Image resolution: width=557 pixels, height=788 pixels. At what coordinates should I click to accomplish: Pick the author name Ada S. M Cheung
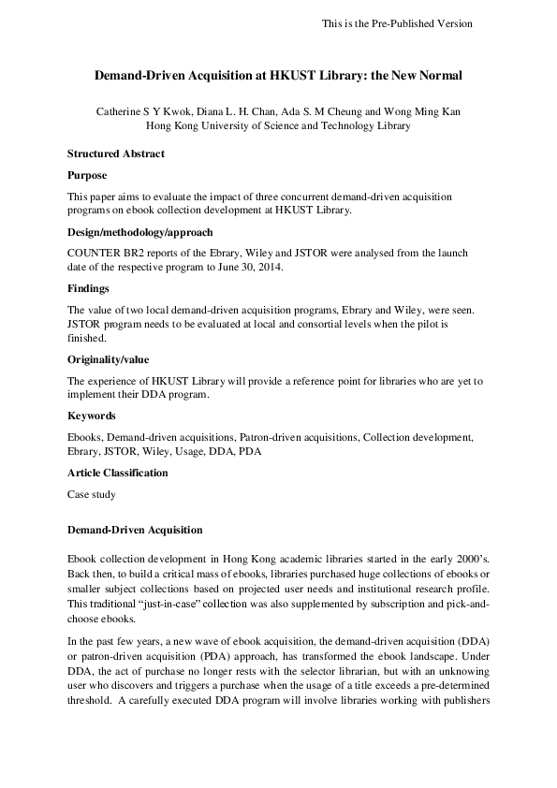338,110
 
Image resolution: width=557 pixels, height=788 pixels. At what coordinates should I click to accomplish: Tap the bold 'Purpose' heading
87,175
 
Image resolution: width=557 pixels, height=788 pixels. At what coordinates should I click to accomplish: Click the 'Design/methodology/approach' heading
140,232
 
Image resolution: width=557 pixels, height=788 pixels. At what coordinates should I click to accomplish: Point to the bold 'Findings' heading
89,289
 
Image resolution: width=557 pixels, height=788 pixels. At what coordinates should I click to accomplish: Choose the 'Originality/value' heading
109,358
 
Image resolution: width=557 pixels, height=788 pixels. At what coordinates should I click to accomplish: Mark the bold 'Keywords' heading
92,416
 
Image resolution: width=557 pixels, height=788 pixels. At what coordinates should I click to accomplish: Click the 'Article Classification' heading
118,473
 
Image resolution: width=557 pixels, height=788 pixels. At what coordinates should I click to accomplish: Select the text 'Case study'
91,492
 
